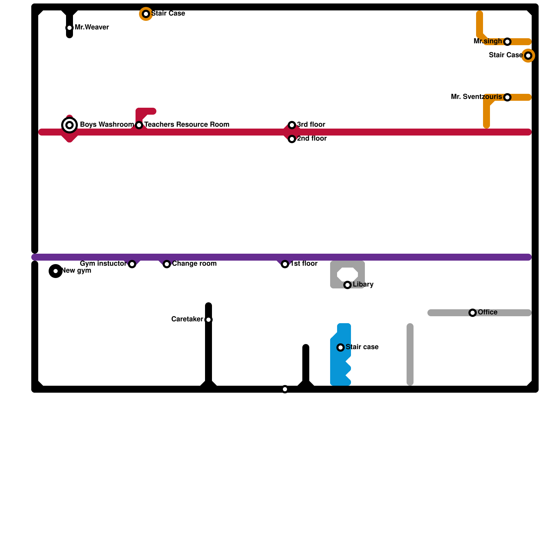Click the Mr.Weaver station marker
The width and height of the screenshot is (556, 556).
tap(69, 28)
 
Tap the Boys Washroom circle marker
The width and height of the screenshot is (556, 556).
tap(69, 125)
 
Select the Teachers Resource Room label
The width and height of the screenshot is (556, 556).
tap(187, 124)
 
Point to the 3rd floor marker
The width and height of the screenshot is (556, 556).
tap(292, 125)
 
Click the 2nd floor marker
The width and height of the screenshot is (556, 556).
tap(292, 139)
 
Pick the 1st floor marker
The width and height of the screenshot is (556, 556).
tap(285, 264)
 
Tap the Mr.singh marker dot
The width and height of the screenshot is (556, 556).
tap(507, 42)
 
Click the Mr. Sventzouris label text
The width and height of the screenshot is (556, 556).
tap(476, 97)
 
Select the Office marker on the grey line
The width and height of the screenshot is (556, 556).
tap(473, 313)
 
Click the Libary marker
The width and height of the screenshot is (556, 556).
tap(347, 285)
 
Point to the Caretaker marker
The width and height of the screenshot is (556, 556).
tap(208, 320)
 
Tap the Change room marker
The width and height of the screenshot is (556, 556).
tap(167, 264)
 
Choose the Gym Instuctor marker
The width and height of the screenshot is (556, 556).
tap(132, 264)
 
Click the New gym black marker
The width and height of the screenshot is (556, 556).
tap(56, 271)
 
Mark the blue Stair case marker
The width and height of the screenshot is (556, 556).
tap(341, 347)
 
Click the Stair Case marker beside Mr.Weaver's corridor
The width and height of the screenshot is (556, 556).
tap(146, 14)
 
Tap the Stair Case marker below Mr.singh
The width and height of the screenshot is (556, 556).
tap(528, 56)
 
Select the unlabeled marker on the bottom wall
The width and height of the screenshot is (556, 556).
tap(285, 389)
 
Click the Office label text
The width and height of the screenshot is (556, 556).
tap(488, 312)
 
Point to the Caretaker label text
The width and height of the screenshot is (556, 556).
tap(187, 319)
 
